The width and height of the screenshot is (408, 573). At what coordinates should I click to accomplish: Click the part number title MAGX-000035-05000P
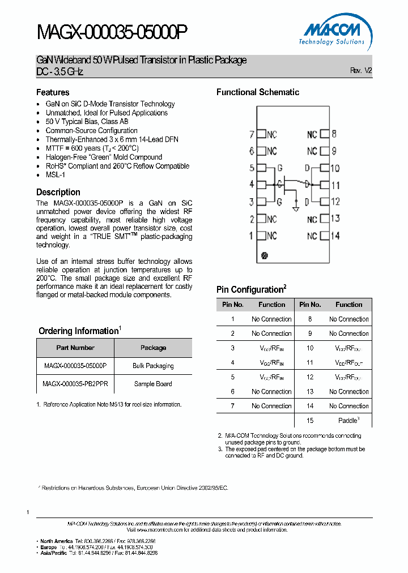click(x=111, y=33)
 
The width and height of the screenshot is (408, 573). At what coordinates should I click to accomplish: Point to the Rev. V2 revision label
click(x=361, y=71)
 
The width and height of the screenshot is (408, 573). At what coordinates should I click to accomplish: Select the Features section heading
click(x=53, y=92)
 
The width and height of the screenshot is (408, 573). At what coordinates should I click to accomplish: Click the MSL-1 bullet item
click(x=56, y=175)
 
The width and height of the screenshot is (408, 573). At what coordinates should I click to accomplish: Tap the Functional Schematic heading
click(x=258, y=92)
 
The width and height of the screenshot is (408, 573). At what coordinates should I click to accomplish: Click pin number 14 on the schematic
click(x=335, y=236)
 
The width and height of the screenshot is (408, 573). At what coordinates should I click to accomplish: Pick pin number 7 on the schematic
click(x=252, y=135)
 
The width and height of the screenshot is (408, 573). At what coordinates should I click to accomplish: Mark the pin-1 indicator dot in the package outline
click(x=264, y=256)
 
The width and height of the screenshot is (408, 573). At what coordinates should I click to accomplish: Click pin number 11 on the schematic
click(x=335, y=185)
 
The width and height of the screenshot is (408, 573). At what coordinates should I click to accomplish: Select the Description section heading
click(x=58, y=192)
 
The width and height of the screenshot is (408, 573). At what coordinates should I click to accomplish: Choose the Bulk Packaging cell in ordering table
click(x=153, y=366)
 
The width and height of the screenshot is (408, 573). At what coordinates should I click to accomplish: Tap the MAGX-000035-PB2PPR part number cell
click(x=75, y=384)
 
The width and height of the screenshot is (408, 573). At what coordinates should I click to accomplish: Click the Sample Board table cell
click(x=153, y=384)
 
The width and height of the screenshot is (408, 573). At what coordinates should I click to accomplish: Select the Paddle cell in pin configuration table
click(x=348, y=420)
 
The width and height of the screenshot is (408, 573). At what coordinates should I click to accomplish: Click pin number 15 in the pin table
click(x=310, y=420)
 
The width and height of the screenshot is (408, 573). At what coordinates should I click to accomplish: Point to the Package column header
click(x=153, y=348)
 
